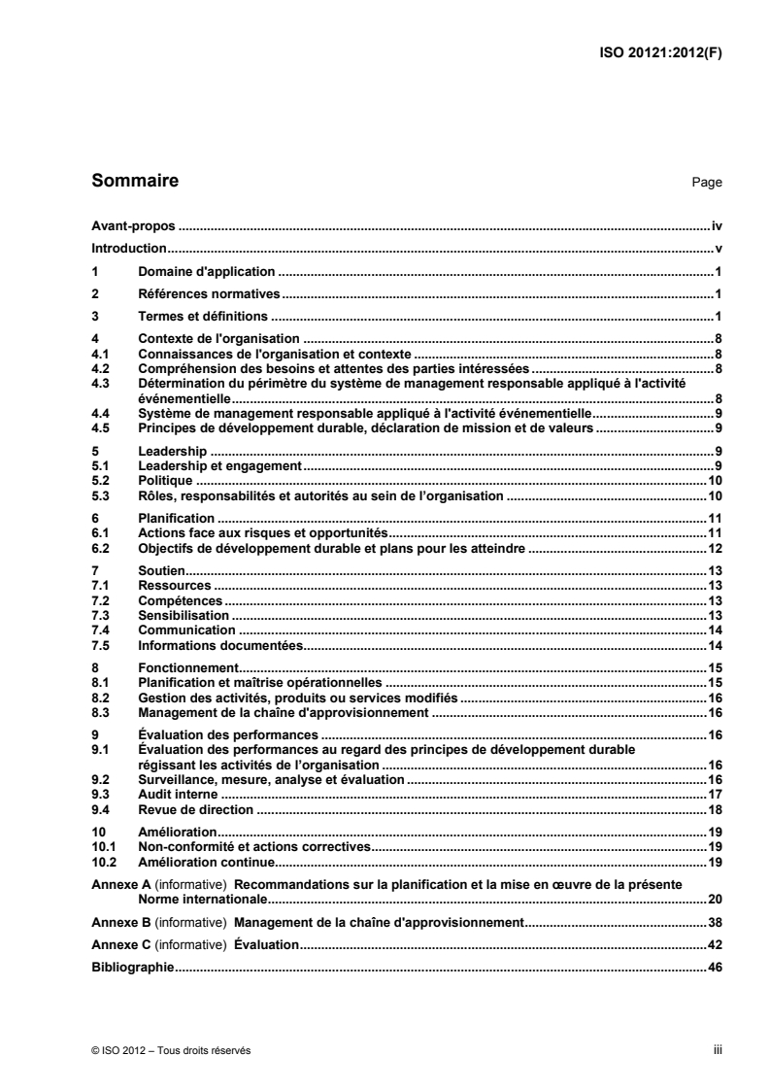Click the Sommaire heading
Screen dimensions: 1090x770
134,181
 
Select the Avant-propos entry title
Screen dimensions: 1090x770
132,225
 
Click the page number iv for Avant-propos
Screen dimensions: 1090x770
717,225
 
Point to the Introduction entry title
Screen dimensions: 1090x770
129,248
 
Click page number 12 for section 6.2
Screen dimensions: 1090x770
714,549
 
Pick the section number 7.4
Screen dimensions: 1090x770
98,630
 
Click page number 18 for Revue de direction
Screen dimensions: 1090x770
714,808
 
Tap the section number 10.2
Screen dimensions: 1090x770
101,862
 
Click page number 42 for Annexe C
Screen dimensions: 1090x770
714,944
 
